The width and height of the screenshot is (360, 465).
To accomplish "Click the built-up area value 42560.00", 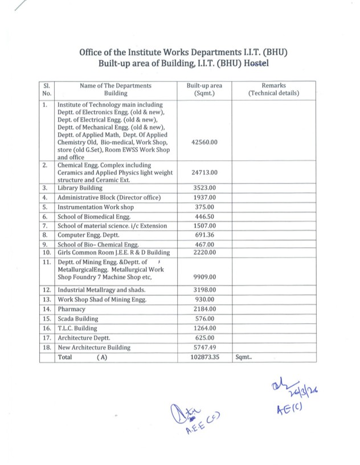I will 204,142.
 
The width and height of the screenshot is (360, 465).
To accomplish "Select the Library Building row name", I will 80,187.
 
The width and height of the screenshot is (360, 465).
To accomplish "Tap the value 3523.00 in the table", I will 204,187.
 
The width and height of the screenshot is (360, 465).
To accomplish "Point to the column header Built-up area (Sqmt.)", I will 204,89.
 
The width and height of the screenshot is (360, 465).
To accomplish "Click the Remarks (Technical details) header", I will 273,89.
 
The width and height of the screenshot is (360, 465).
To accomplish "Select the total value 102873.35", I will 204,357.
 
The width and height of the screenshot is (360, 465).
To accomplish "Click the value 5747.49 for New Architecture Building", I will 204,347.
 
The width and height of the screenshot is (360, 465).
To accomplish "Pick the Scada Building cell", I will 77,319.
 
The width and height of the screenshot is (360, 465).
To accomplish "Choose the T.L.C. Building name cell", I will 77,328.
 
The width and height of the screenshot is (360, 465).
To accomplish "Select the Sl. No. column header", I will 47,89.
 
